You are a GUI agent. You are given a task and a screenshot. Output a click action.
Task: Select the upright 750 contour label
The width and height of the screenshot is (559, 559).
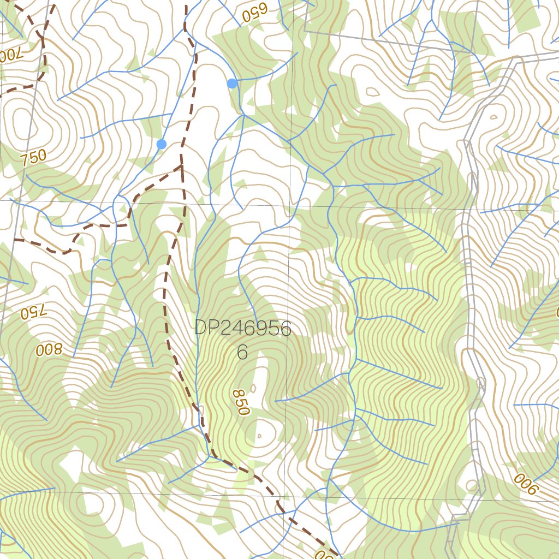[x=34, y=158]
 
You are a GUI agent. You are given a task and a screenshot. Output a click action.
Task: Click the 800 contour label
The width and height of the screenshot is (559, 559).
[x=50, y=349]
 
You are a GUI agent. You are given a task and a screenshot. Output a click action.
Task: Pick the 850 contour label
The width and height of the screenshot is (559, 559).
[x=240, y=402]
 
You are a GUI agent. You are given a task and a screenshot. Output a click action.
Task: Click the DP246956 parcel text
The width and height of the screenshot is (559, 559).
[x=243, y=328]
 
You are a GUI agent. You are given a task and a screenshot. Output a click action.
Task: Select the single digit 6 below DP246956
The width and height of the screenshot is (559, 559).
[x=242, y=353]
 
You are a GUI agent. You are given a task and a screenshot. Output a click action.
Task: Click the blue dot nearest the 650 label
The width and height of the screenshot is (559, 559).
[x=232, y=84]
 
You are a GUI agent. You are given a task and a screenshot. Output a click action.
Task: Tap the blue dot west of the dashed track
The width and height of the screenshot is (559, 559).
[x=161, y=144]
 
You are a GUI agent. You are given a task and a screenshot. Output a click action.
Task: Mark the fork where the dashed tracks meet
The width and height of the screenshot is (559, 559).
[x=181, y=166]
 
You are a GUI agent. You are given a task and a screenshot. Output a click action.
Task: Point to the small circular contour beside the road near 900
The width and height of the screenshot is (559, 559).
[x=472, y=485]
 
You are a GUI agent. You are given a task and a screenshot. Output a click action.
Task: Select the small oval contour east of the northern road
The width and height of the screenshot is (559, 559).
[x=493, y=116]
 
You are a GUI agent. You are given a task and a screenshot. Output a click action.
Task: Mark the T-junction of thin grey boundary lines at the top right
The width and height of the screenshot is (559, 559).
[x=304, y=32]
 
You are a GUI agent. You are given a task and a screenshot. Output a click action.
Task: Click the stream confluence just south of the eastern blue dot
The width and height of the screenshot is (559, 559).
[x=243, y=115]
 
